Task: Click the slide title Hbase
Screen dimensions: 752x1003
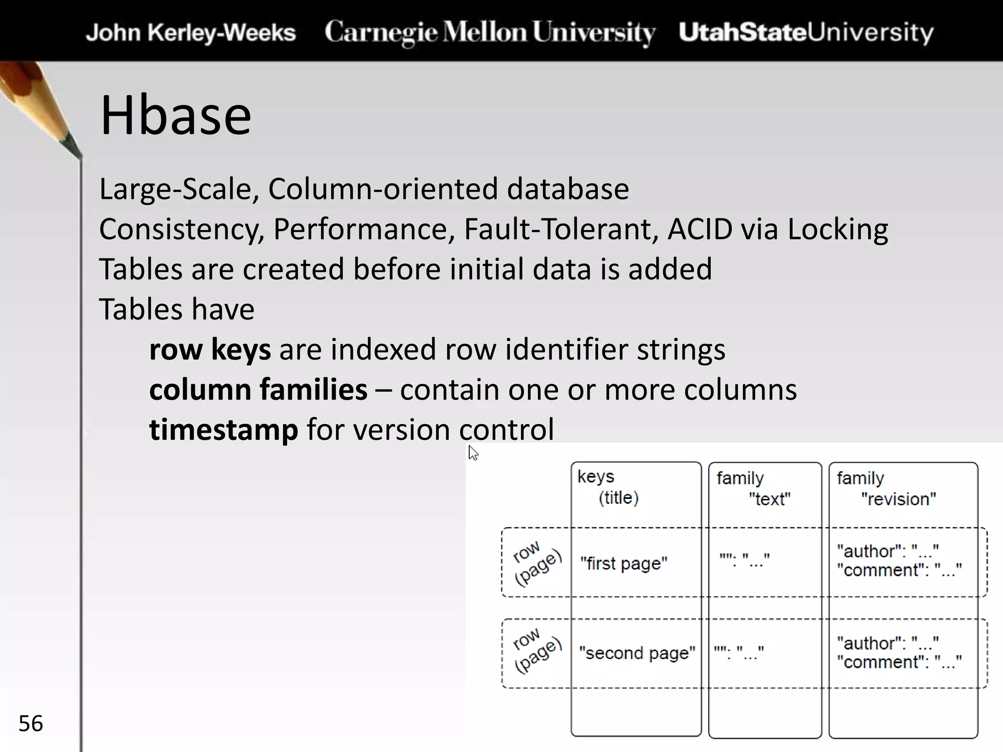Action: tap(175, 116)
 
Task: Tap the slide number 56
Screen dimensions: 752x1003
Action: tap(30, 723)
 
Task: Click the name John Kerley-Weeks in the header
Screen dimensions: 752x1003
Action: tap(191, 33)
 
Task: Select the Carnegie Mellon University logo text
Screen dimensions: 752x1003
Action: tap(490, 33)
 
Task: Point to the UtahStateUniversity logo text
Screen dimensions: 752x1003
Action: tap(806, 33)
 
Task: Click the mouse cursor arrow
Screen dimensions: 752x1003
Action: tap(472, 452)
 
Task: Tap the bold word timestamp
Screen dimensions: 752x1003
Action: tap(223, 429)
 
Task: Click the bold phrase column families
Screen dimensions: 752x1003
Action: tap(258, 390)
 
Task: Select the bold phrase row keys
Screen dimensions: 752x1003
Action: tap(210, 350)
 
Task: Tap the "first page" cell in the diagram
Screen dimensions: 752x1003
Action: tap(623, 564)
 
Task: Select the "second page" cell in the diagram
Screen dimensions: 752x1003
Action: tap(637, 653)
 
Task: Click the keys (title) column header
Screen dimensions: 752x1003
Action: tap(608, 487)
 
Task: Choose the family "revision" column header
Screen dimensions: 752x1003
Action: tap(886, 489)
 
